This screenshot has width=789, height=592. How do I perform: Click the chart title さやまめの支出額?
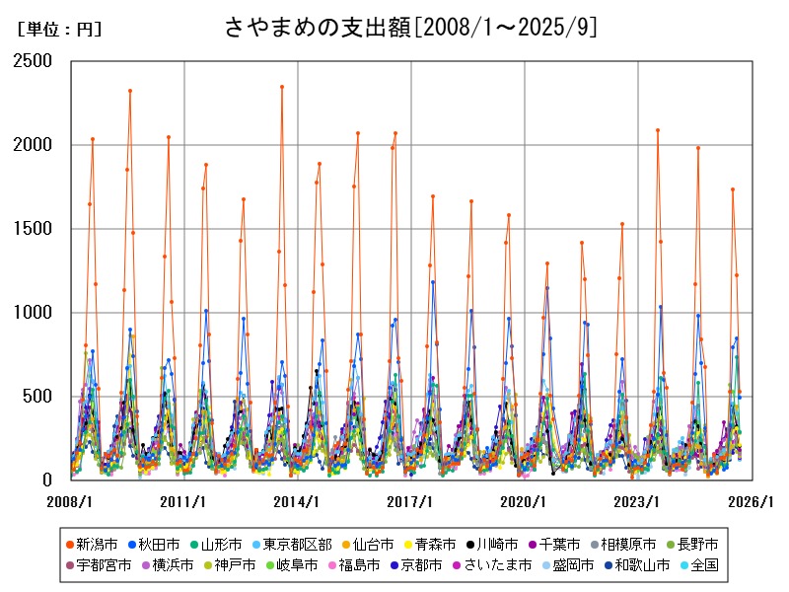click(x=410, y=27)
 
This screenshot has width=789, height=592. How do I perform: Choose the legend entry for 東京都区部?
click(x=296, y=544)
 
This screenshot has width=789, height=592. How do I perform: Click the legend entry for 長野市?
click(x=696, y=544)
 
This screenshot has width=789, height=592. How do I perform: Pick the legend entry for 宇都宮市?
click(x=100, y=565)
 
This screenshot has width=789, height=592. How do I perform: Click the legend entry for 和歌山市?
click(x=642, y=565)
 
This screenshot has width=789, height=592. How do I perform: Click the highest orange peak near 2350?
click(x=282, y=87)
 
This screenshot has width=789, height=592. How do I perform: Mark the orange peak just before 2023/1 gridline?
click(x=622, y=224)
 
